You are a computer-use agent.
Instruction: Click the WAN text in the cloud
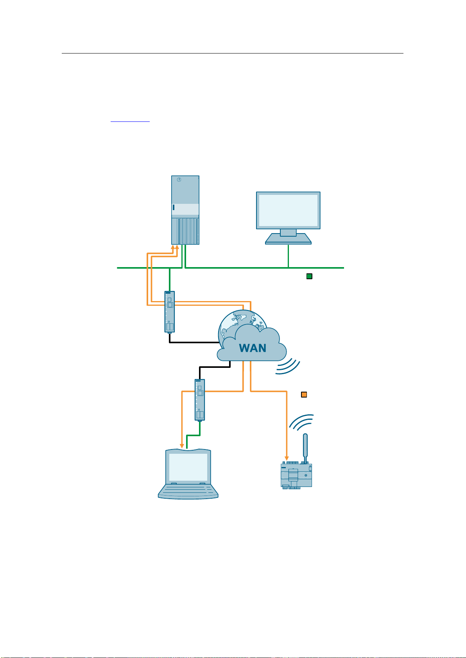[253, 348]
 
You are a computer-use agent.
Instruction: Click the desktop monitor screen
[288, 210]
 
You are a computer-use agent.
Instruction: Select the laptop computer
[188, 473]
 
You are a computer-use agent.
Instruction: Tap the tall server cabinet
[185, 210]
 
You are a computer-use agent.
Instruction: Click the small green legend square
[309, 276]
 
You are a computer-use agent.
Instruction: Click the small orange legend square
[304, 394]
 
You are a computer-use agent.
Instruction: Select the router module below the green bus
[170, 312]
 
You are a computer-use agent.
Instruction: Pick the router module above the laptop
[200, 400]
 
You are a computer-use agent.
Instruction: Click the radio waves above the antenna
[301, 423]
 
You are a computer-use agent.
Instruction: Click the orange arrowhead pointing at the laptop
[182, 446]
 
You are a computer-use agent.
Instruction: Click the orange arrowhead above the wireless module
[287, 458]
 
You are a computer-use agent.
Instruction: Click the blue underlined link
[130, 121]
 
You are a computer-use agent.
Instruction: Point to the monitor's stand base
[288, 239]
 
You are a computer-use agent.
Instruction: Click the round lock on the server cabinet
[179, 180]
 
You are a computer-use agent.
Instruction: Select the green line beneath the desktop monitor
[288, 256]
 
